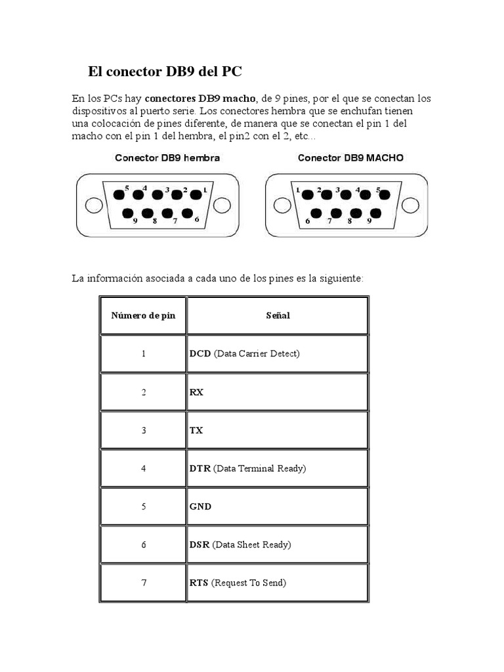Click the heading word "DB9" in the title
tap(185, 71)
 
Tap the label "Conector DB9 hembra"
tap(167, 158)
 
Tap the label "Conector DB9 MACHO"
tap(350, 158)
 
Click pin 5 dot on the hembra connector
tap(119, 194)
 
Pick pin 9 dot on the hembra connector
tap(128, 214)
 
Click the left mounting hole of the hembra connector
tap(94, 205)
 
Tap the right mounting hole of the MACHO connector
tap(410, 205)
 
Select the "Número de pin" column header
tap(143, 316)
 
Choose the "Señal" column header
tap(278, 316)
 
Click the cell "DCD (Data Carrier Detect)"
tap(245, 354)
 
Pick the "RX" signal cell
tap(196, 392)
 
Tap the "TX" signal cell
tap(196, 430)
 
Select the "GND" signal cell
tap(201, 507)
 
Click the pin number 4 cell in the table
tap(143, 469)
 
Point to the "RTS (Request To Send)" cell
tap(238, 583)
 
